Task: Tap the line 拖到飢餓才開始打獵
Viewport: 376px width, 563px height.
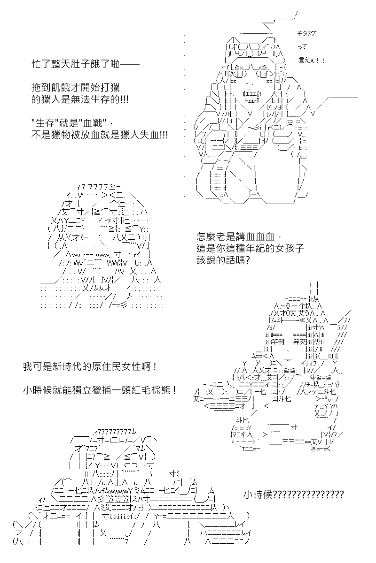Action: [x=76, y=87]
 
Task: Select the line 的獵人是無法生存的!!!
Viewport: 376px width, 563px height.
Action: [x=80, y=99]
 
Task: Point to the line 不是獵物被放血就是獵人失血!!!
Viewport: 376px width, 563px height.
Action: [x=100, y=135]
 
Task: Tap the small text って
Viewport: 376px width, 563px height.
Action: [x=303, y=47]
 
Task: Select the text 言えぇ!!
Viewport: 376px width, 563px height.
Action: [x=311, y=61]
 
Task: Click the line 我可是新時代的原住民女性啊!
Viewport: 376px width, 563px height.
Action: [x=90, y=367]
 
